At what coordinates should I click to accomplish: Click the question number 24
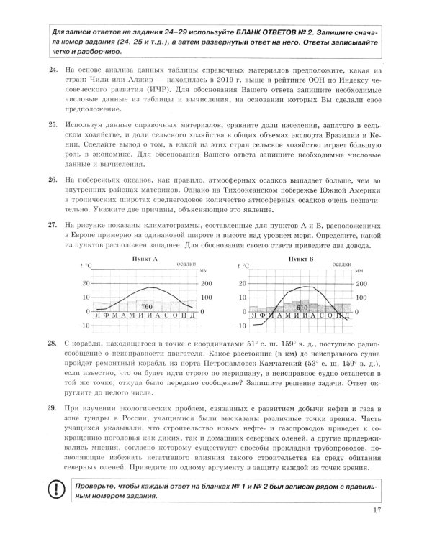click(51, 69)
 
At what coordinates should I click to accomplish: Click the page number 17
click(377, 511)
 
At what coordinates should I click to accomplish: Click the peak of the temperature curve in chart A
click(146, 287)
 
